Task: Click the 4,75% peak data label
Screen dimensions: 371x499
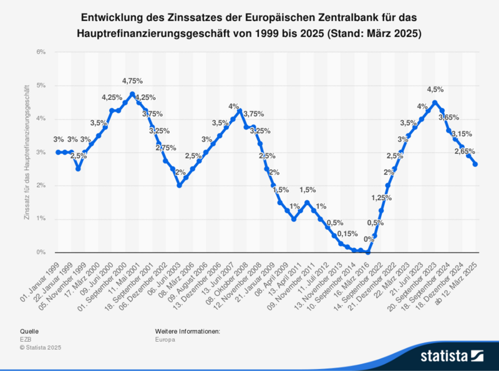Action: (132, 81)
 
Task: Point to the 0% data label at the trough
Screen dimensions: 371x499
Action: (369, 239)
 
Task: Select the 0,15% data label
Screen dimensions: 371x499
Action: (347, 234)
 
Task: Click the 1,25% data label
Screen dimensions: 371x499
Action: (381, 198)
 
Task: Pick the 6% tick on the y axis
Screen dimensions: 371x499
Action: (42, 52)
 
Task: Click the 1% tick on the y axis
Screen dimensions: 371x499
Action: (42, 219)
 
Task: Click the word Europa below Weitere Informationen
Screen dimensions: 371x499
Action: (165, 340)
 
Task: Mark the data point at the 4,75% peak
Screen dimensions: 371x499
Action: (132, 94)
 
